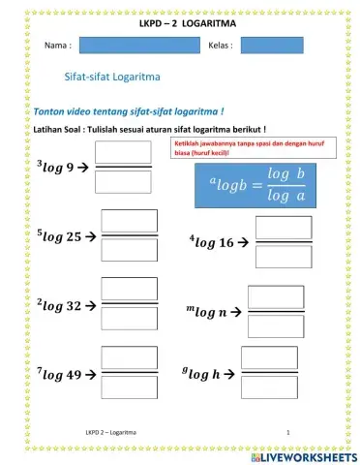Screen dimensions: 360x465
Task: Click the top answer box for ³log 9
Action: tap(123, 152)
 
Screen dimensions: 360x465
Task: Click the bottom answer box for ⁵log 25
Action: tap(130, 250)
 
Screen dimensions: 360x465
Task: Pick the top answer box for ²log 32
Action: tap(130, 291)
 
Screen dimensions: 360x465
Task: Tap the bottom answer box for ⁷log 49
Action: tap(130, 387)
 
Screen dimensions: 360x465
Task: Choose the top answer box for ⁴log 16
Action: tap(284, 228)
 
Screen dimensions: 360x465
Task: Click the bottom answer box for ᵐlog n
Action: tap(276, 325)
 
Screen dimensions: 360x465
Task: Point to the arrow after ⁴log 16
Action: tap(244, 242)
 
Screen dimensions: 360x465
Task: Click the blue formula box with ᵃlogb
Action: tap(256, 181)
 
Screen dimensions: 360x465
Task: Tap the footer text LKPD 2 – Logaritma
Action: tap(110, 431)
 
